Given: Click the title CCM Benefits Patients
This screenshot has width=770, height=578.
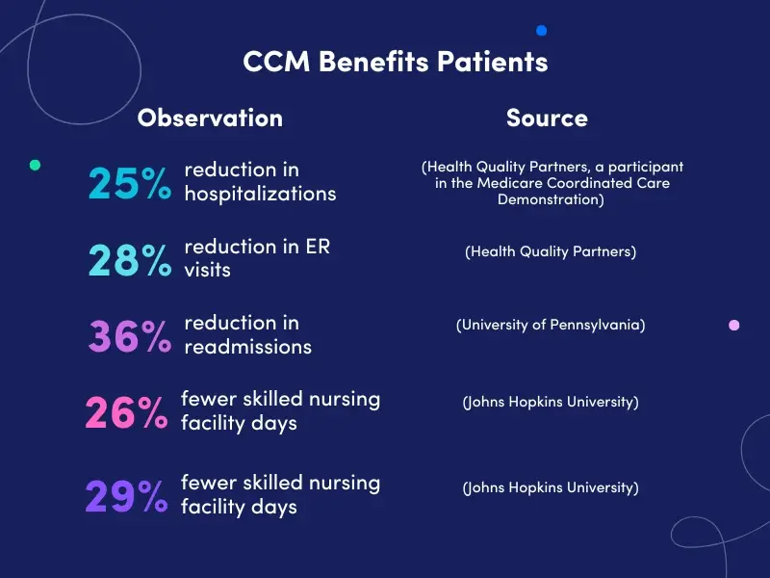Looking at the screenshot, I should pos(396,62).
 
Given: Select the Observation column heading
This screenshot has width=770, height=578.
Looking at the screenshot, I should pos(210,118).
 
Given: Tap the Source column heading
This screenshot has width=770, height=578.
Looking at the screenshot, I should pos(547,118).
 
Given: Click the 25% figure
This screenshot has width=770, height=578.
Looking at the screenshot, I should pos(130,182).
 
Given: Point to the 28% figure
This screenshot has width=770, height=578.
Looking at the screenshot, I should pos(130,260).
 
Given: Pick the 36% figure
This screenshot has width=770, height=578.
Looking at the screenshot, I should pos(130,336).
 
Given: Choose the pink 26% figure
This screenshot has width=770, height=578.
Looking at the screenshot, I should pos(126,412).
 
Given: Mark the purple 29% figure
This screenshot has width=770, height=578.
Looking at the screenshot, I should pos(126,496).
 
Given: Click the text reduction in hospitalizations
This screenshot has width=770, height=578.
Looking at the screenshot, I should pos(260,181).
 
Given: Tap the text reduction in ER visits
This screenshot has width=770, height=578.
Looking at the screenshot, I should pos(257,258).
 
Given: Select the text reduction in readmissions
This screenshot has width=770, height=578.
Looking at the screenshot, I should pos(247,334).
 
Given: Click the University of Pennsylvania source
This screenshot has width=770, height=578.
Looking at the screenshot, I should pos(551,325).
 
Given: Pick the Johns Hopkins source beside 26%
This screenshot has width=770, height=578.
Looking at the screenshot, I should pos(551,402).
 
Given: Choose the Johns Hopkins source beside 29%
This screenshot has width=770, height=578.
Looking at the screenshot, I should pos(551,487).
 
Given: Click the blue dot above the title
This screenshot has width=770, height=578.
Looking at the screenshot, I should pos(542,31).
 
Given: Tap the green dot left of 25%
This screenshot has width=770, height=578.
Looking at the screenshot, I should pos(36,165).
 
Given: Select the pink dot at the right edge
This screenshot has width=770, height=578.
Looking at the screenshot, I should pos(734,326).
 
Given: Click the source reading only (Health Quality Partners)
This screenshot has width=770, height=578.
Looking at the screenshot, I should pos(551,251).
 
